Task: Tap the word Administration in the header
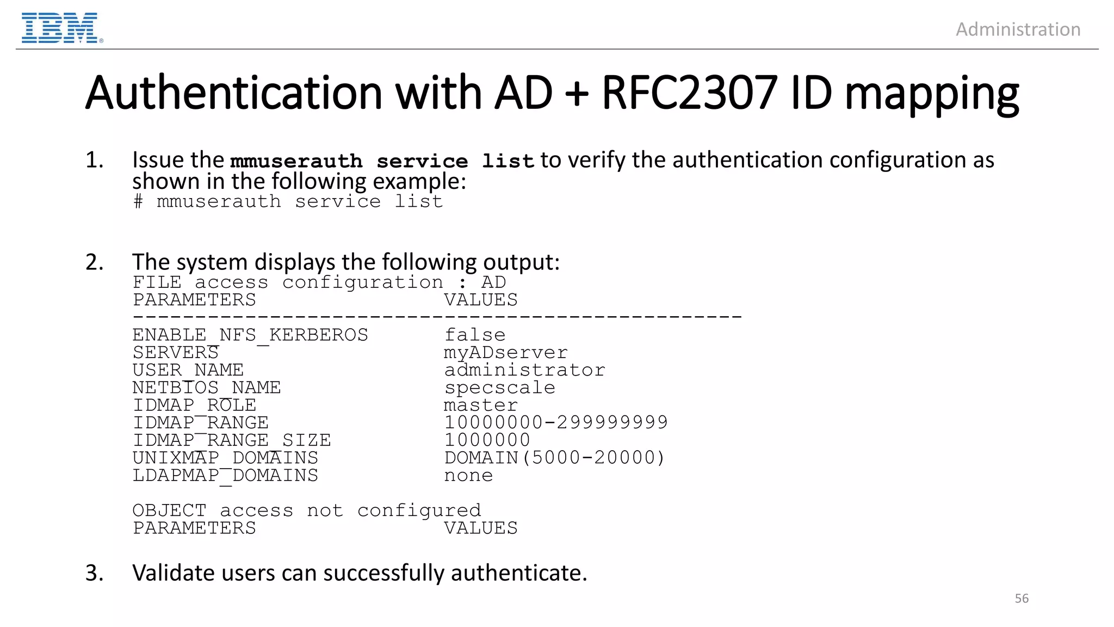pos(1018,29)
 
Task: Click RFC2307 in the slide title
pos(689,93)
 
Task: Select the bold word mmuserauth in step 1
pos(296,161)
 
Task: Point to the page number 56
pos(1022,598)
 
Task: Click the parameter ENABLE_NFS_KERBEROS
pos(250,335)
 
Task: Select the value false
pos(475,335)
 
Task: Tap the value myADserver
pos(505,353)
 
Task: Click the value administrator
pos(524,370)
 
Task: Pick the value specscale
pos(499,388)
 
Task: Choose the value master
pos(481,405)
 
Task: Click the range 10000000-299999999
pos(556,422)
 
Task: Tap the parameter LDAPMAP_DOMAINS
pos(225,475)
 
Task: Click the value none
pos(468,475)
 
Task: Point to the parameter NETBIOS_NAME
pos(207,388)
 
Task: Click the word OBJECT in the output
pos(170,511)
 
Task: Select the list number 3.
pos(94,573)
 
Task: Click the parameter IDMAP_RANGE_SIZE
pos(232,440)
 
